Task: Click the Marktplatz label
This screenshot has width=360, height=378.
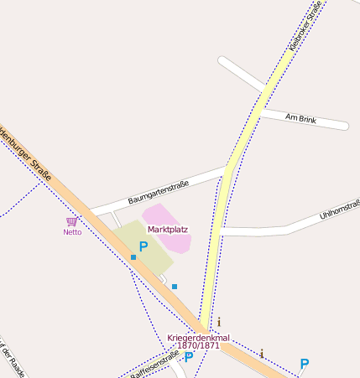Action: pyautogui.click(x=168, y=229)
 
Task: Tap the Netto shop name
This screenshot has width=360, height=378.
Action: pyautogui.click(x=72, y=232)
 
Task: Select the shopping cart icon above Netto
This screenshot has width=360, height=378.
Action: pyautogui.click(x=72, y=221)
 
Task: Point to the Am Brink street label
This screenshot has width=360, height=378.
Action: pyautogui.click(x=300, y=118)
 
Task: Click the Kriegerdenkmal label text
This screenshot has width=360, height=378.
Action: pyautogui.click(x=198, y=338)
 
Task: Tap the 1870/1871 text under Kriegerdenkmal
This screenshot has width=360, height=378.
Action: pyautogui.click(x=198, y=345)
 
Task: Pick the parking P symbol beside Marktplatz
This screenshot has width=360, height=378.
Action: pyautogui.click(x=143, y=246)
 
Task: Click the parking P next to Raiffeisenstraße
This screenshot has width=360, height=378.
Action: pyautogui.click(x=189, y=357)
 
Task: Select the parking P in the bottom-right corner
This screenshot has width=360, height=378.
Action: pyautogui.click(x=304, y=364)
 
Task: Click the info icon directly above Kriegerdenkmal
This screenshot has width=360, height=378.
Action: pyautogui.click(x=219, y=322)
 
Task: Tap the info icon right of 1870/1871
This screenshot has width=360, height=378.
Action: pyautogui.click(x=262, y=354)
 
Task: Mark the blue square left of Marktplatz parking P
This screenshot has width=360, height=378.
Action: pyautogui.click(x=133, y=257)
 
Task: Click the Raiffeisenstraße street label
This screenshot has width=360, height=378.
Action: pyautogui.click(x=155, y=365)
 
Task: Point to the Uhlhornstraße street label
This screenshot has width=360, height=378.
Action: pyautogui.click(x=340, y=209)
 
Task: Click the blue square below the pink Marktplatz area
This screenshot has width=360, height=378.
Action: pyautogui.click(x=175, y=287)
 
